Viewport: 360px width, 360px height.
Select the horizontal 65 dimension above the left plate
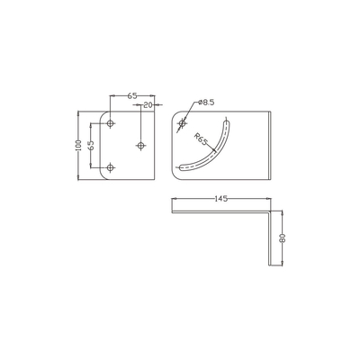[x=131, y=94]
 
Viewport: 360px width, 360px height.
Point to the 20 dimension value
[x=147, y=104]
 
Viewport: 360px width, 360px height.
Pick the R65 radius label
[x=202, y=141]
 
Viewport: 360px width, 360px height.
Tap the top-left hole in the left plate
[x=110, y=122]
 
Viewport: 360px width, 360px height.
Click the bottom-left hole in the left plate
[x=110, y=166]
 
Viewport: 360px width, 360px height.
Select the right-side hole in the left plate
[x=140, y=144]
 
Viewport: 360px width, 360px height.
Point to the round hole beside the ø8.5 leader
[x=183, y=121]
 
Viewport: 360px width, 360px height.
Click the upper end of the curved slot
[x=224, y=122]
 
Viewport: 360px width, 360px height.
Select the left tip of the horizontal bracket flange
[x=170, y=211]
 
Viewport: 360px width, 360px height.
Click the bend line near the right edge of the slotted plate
[x=269, y=144]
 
